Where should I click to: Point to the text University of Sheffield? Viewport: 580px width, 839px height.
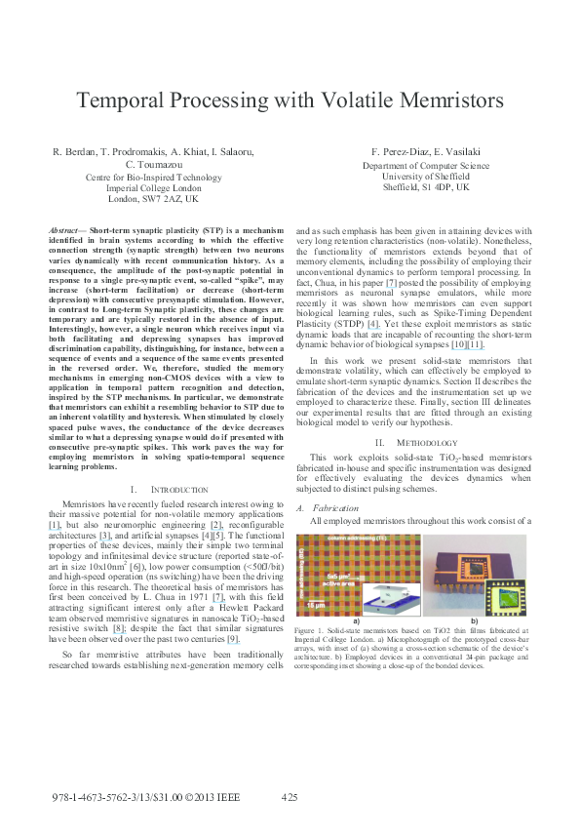(x=412, y=177)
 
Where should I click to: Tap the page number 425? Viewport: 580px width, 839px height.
(x=290, y=797)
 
